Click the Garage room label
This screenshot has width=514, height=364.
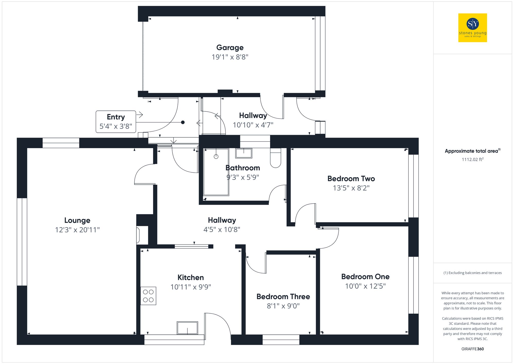click(230, 48)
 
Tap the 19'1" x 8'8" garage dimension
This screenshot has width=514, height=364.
click(230, 57)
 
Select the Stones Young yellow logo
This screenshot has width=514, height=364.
click(472, 28)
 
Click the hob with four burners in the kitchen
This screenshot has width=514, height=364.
click(148, 296)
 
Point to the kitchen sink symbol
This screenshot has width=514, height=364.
click(187, 328)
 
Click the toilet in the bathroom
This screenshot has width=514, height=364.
click(276, 158)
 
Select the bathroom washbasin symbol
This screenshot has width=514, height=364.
click(244, 153)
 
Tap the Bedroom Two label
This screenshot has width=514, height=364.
click(351, 179)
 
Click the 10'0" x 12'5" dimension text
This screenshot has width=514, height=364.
click(365, 286)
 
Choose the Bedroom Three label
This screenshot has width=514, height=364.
click(283, 297)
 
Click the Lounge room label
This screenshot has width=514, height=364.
click(77, 220)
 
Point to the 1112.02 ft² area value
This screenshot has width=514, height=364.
click(472, 159)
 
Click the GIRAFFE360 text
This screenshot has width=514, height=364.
click(472, 349)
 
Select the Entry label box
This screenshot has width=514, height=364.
click(116, 122)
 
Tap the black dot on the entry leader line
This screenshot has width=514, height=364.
click(183, 122)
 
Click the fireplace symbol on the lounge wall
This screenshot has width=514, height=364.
click(138, 235)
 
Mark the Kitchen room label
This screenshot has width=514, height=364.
click(190, 278)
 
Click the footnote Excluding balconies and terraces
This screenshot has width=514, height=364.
click(472, 273)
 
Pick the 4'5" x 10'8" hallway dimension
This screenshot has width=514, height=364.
click(222, 229)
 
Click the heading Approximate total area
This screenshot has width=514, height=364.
click(471, 151)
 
